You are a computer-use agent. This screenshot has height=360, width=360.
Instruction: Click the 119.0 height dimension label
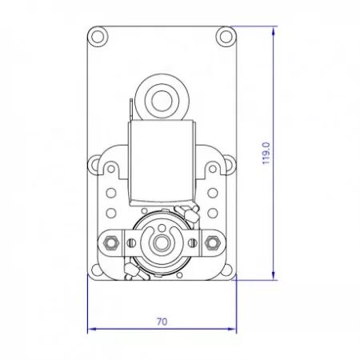266,154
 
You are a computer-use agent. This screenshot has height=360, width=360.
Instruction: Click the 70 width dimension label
162,322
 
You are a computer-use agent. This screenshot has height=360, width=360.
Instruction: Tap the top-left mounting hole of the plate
98,37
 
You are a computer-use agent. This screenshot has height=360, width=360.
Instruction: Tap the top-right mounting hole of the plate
226,37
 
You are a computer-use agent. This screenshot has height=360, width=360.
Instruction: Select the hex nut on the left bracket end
110,243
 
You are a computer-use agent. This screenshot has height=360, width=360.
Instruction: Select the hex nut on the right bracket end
212,243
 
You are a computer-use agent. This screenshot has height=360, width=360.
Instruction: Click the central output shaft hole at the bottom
161,243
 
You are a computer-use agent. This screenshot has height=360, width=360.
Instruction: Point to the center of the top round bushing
161,100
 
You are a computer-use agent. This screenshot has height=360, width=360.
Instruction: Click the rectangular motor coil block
161,162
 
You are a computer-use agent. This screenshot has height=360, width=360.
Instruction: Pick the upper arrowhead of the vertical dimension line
274,30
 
